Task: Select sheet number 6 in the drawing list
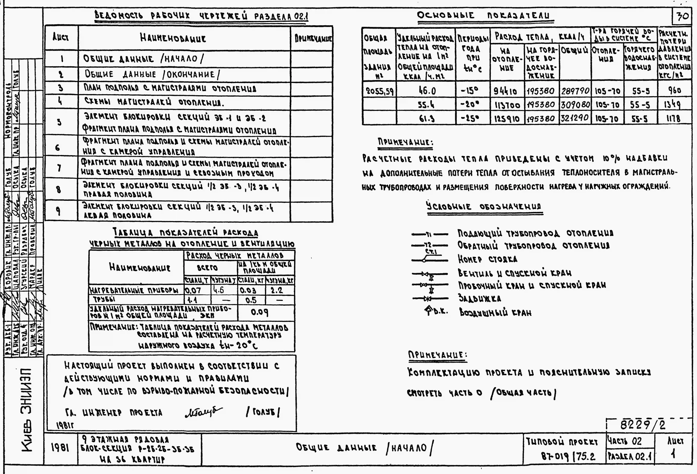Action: (58, 147)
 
